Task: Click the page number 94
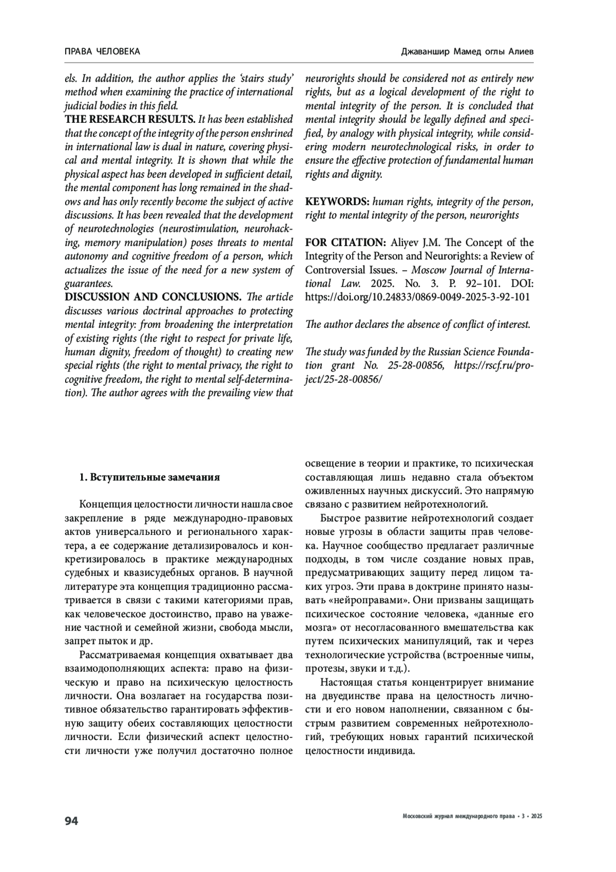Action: coord(71,821)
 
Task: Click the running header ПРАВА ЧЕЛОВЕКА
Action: coord(103,51)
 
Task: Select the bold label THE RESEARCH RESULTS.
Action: coord(130,120)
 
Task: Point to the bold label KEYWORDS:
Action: coord(337,201)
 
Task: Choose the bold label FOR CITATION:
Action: coord(346,243)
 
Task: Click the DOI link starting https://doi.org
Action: coord(418,297)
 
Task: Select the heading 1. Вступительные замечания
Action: coord(149,477)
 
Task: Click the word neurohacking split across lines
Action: coord(267,229)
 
